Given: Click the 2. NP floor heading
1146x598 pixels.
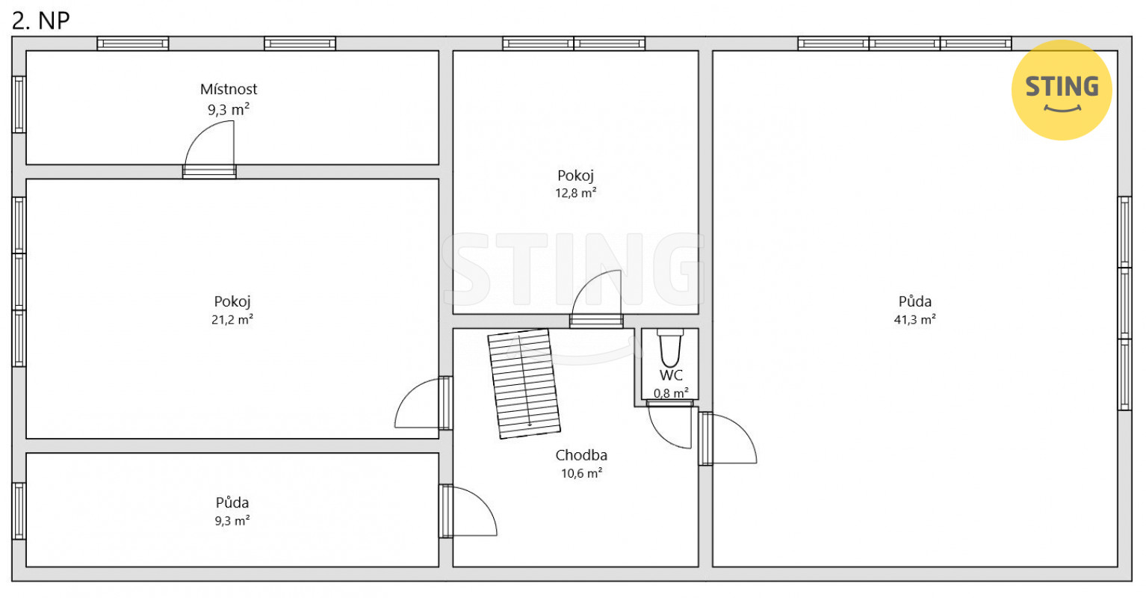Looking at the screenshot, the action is pos(40,21).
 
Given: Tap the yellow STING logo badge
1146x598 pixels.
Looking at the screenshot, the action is pos(1062,90).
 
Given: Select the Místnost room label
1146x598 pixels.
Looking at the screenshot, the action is pos(228,89).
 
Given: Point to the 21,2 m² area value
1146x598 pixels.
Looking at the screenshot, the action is pos(232,319).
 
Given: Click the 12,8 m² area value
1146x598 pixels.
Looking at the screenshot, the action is pos(575,193).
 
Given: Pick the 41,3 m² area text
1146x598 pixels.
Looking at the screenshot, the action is pos(914,319).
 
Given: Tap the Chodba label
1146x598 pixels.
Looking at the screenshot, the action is pos(581,454).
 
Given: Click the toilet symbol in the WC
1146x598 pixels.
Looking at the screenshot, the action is pos(670,348).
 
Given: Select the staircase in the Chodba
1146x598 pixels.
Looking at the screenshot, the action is pos(524,384).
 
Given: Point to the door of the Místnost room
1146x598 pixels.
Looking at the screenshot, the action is pos(210,149).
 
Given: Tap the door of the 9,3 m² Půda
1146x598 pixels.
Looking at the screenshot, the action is pos(468,511).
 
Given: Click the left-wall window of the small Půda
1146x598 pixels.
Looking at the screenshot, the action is pos(19,511).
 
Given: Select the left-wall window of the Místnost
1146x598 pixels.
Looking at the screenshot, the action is pos(19,105).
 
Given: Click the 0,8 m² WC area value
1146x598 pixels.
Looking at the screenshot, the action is pos(671,393).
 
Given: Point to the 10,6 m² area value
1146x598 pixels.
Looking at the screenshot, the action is pos(581,473).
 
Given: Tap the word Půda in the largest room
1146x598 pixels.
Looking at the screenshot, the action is pos(914,300).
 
